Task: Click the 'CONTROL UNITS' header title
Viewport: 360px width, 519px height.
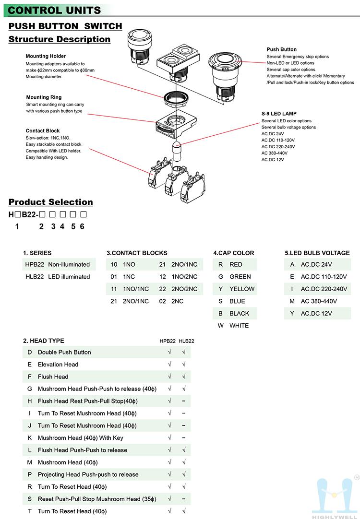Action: [x=55, y=10]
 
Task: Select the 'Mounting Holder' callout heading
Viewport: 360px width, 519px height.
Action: [x=46, y=56]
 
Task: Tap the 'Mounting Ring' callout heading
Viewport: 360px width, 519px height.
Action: [x=44, y=97]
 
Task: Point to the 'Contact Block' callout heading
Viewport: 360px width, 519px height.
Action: [x=43, y=130]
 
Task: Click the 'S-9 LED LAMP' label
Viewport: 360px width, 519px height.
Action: [x=279, y=114]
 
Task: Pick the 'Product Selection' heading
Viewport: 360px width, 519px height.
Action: [x=51, y=202]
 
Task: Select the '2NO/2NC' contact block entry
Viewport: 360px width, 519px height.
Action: [x=184, y=289]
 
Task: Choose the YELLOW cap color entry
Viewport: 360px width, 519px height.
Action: [x=242, y=289]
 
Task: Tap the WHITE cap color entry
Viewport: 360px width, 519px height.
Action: [x=239, y=326]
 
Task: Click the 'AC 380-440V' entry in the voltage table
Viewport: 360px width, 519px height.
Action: [x=319, y=301]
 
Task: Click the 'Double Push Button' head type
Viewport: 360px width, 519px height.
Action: [x=64, y=352]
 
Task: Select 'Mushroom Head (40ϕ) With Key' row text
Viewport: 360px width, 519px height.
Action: [x=81, y=438]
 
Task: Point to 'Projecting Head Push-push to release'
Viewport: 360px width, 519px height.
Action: [x=88, y=474]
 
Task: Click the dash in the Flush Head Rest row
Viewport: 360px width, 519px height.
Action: [x=184, y=401]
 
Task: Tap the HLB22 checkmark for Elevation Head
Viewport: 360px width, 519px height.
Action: [x=184, y=365]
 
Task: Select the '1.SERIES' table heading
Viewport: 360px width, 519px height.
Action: [x=37, y=253]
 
